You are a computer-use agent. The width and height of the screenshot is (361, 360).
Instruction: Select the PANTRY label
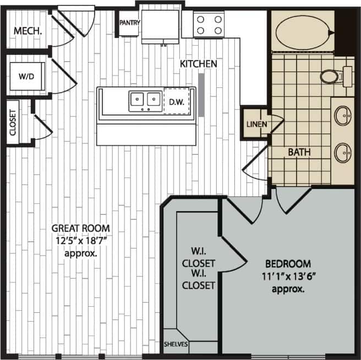coord(130,23)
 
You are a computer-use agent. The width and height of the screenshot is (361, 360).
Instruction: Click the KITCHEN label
coord(199,64)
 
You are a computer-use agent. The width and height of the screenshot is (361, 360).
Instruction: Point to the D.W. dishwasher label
coord(176,101)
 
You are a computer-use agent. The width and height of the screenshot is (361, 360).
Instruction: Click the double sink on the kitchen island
coord(145,100)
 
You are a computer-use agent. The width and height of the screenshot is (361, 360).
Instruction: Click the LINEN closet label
coord(256,124)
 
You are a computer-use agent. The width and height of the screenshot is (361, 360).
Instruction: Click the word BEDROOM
coord(288,263)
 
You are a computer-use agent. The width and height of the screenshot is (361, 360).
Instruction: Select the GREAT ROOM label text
coord(80,228)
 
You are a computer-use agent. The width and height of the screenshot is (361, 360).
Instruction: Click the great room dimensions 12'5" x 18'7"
coord(80,241)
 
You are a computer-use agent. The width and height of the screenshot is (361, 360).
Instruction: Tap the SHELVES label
coord(176,345)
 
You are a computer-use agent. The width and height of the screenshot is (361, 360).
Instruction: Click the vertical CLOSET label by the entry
coord(13,122)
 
